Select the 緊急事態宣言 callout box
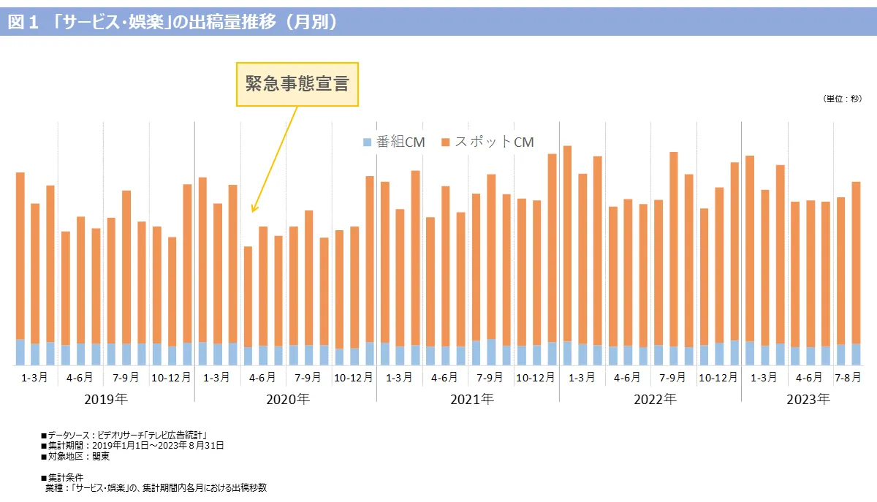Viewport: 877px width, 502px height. point(297,83)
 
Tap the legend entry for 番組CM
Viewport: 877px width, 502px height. point(394,142)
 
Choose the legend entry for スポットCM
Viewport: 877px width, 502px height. point(487,142)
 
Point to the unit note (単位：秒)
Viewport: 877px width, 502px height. point(841,99)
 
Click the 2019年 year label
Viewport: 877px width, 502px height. point(106,400)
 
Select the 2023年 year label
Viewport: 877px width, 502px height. point(808,400)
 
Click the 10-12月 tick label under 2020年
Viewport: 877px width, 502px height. point(354,378)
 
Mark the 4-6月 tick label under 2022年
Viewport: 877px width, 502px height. point(627,378)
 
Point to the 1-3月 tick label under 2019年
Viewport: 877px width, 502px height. point(35,378)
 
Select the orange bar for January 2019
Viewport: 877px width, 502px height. point(20,256)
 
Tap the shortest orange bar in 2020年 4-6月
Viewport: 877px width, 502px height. point(248,296)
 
